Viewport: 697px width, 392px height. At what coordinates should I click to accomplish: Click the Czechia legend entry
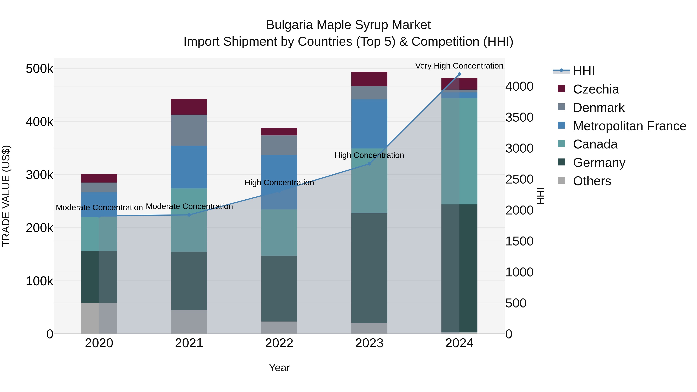click(x=596, y=89)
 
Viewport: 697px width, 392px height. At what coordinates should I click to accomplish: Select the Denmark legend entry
click(x=598, y=108)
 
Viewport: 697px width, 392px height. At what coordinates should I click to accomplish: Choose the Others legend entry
click(x=592, y=181)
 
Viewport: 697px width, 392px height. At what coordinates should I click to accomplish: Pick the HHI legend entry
click(x=583, y=71)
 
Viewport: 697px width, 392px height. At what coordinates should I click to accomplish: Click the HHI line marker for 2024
click(x=459, y=74)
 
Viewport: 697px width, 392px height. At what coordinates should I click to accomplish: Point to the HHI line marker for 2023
click(x=369, y=164)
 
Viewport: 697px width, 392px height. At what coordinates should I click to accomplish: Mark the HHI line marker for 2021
click(x=189, y=215)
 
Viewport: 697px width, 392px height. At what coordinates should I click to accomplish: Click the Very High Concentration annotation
click(x=459, y=66)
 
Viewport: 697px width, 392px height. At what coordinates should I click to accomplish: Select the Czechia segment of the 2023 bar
click(x=369, y=79)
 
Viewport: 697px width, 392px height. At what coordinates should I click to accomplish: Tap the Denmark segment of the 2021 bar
click(x=189, y=130)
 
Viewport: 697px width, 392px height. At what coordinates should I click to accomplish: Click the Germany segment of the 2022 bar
click(x=279, y=288)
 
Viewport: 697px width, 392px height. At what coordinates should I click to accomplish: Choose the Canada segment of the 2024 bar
click(x=459, y=151)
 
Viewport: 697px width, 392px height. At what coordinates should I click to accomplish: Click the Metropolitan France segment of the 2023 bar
click(x=369, y=124)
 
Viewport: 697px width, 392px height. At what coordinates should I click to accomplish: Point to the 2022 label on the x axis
click(x=279, y=343)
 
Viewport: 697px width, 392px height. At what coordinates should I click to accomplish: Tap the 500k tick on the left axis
click(x=39, y=69)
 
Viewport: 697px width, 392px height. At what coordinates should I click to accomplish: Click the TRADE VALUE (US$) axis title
click(x=6, y=196)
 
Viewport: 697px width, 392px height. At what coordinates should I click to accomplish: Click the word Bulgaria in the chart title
click(x=289, y=25)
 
